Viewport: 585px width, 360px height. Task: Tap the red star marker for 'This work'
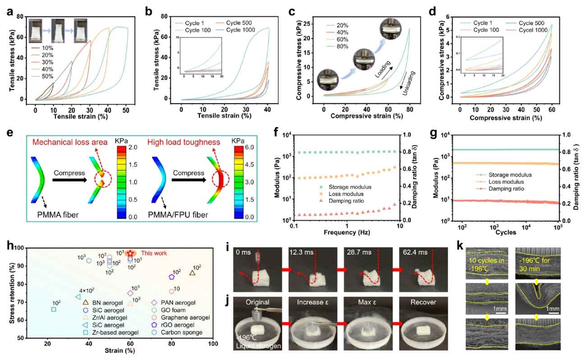130,253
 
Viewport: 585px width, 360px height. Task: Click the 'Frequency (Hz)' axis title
347,233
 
